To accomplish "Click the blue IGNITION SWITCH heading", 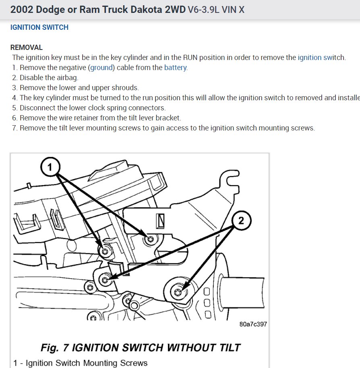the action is coord(39,27).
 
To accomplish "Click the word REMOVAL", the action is coord(27,48).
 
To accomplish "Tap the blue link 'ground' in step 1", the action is coord(102,68).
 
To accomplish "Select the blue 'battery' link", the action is coord(175,68).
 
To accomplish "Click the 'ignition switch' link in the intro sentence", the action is coord(321,58).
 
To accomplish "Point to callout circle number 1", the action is coord(50,167).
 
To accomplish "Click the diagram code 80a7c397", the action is coord(253,324).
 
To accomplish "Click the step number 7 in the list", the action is coord(14,128).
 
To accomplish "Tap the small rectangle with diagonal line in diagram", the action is coord(161,220).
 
